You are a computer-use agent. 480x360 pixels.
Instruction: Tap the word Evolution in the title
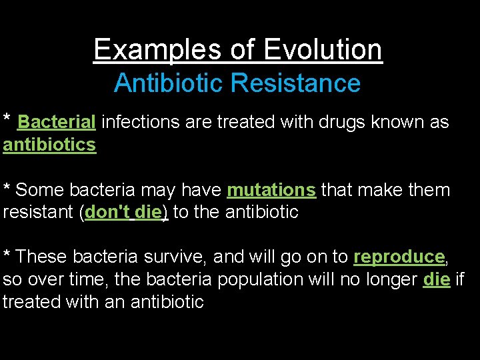coord(323,49)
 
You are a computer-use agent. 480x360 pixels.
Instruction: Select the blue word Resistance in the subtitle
coord(295,83)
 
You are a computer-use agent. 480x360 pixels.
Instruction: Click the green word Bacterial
coord(57,122)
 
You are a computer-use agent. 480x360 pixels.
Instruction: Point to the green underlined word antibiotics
coord(49,145)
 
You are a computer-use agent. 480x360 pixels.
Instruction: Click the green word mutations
coord(271,190)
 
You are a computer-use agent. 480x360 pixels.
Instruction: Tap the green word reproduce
coord(399,257)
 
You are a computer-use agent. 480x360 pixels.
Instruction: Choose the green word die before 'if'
coord(436,279)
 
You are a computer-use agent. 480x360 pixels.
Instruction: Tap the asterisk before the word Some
coord(7,188)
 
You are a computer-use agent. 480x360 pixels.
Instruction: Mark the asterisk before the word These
coord(7,255)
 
